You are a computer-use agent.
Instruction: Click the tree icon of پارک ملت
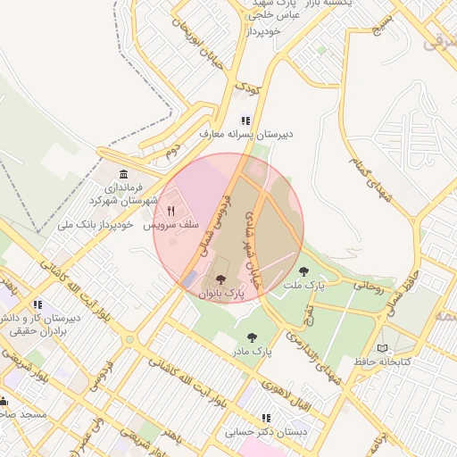coord(303,271)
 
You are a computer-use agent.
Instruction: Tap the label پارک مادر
coord(253,353)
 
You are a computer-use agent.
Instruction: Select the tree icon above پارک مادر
coord(253,337)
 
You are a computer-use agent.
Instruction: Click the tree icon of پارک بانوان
coord(221,279)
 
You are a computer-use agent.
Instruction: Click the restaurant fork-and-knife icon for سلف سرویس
coord(170,212)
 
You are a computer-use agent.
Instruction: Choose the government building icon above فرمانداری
coord(122,173)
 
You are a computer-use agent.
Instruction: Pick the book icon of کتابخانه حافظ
coord(383,347)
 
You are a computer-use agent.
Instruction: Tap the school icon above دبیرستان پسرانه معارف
coord(245,120)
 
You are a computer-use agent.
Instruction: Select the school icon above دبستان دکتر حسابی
coord(266,418)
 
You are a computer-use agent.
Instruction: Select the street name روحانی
coord(369,288)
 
